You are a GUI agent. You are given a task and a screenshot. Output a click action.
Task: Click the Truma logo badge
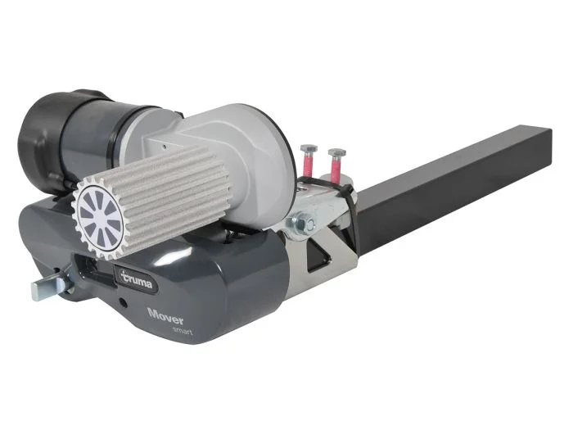pos(136,279)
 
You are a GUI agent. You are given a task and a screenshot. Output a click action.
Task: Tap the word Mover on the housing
pos(165,316)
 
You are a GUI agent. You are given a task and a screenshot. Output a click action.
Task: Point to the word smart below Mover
pos(183,331)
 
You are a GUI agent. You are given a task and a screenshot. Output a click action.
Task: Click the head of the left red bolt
pos(309,148)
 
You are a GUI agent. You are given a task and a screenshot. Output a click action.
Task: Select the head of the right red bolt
pos(337,152)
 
